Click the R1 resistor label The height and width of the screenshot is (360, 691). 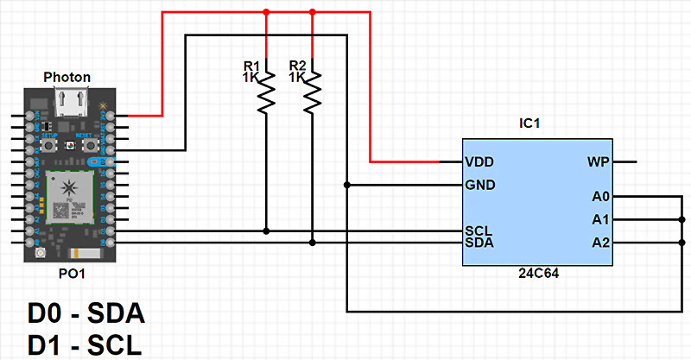click(251, 66)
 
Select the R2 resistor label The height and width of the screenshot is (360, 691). click(297, 66)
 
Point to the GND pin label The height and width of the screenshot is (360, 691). click(479, 185)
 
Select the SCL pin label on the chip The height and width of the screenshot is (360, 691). click(478, 231)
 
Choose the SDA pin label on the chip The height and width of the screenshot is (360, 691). click(479, 243)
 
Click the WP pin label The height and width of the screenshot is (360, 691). click(599, 161)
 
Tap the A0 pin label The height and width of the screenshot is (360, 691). click(601, 197)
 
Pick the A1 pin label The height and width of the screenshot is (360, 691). click(601, 219)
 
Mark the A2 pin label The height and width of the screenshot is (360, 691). click(601, 243)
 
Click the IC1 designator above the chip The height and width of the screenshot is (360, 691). click(530, 124)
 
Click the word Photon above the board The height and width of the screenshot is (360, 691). click(67, 77)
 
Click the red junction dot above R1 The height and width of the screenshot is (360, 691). click(266, 12)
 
